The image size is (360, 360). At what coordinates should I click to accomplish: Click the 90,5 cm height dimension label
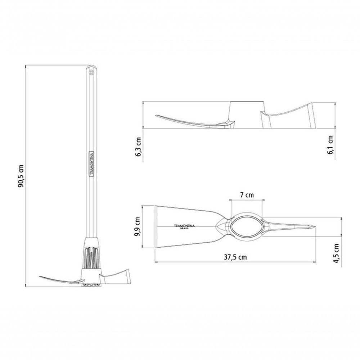pos(21,176)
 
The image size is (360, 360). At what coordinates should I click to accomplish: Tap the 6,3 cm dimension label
pos(139,147)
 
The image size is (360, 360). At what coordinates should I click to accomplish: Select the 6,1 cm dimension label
pos(330,145)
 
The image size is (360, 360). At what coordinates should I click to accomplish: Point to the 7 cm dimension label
pos(247,195)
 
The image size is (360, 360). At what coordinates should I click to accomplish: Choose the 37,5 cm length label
pos(235,257)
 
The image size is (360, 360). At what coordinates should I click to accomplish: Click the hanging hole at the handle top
pos(91,73)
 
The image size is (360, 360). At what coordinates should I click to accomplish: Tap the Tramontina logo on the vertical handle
pos(91,164)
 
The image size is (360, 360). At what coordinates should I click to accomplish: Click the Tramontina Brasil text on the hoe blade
pos(184,226)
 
